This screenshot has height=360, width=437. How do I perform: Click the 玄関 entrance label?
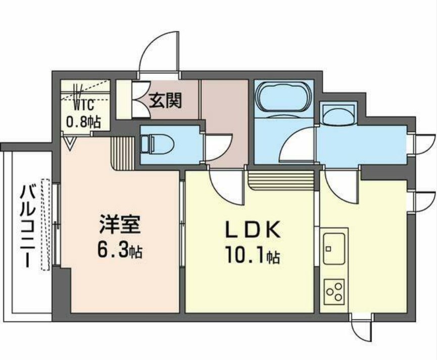[x=165, y=101]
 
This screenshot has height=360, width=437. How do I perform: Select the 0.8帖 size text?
[x=83, y=121]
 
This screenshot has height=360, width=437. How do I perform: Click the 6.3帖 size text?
[x=120, y=249]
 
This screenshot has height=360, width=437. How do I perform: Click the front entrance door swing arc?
[x=159, y=51]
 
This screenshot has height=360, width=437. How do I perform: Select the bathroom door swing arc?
[x=298, y=144]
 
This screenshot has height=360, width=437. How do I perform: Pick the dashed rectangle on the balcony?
[x=46, y=224]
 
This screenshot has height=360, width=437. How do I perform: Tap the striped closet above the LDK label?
[x=281, y=179]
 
